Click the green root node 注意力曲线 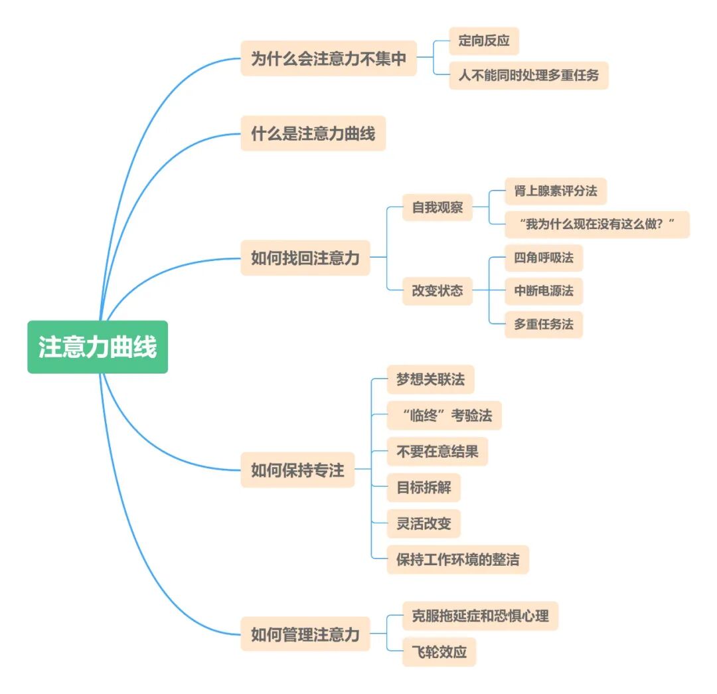(x=98, y=347)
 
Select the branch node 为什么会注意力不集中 (x=328, y=58)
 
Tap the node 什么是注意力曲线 (x=313, y=133)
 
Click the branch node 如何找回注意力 (x=305, y=258)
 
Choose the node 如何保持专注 (x=297, y=470)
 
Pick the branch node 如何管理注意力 (x=305, y=634)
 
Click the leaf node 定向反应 (x=483, y=41)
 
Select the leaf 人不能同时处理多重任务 (x=528, y=75)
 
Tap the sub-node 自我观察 (x=438, y=207)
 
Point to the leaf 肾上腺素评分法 (x=556, y=191)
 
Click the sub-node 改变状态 (x=438, y=291)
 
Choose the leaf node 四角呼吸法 (x=543, y=258)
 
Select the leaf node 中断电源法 (x=543, y=291)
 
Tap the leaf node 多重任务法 (x=543, y=325)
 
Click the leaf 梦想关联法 (x=430, y=380)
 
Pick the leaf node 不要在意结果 (x=437, y=452)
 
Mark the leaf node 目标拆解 (x=424, y=487)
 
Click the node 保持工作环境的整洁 (x=457, y=559)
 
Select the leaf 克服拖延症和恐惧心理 (x=480, y=616)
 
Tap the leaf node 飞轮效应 (x=439, y=651)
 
